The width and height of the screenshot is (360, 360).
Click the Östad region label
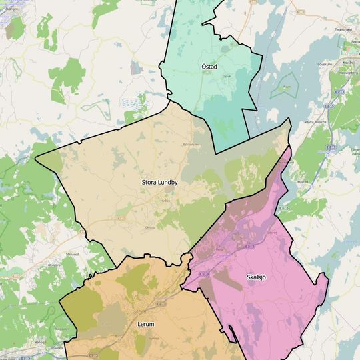(209, 67)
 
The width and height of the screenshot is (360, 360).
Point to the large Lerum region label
(145, 324)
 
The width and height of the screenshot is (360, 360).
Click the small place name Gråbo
(166, 199)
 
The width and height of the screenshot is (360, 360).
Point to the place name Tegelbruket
(343, 29)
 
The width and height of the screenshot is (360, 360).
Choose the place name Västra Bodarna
(316, 122)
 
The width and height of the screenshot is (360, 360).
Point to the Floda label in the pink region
(221, 248)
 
